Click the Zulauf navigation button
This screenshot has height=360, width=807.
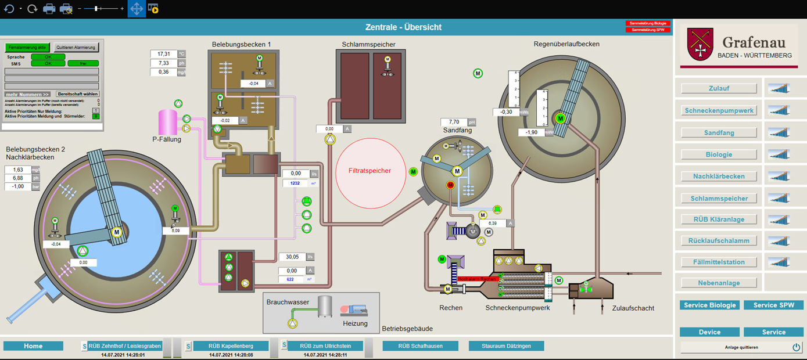(x=719, y=88)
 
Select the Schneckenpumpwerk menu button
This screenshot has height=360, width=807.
(x=719, y=110)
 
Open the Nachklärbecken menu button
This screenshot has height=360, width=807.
(x=719, y=177)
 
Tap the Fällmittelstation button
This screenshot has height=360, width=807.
(x=719, y=262)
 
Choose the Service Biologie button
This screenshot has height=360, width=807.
(x=709, y=305)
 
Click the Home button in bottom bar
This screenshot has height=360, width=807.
(x=33, y=346)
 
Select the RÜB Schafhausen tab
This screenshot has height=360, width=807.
(x=420, y=346)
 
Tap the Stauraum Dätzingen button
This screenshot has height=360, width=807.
(x=506, y=346)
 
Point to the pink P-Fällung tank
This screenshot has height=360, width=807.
(x=167, y=122)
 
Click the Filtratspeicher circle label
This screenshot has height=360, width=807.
(x=370, y=171)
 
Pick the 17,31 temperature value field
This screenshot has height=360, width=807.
(x=163, y=54)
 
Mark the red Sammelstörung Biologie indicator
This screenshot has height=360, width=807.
(x=648, y=23)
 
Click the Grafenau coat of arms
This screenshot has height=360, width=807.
(x=700, y=44)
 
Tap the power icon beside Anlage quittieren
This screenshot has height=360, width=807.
(x=796, y=347)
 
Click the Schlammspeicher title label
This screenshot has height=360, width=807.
(x=369, y=44)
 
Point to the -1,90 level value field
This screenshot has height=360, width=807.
(x=531, y=132)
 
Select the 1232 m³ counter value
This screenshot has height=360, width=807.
(x=295, y=183)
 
